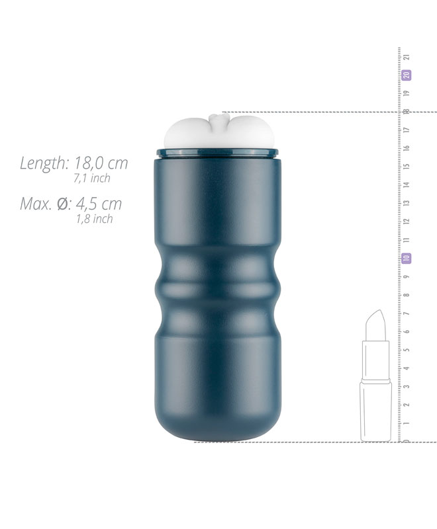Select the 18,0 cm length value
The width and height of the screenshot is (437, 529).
(x=101, y=163)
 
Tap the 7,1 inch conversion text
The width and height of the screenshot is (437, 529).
(x=92, y=178)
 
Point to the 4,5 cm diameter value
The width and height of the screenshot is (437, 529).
(x=99, y=204)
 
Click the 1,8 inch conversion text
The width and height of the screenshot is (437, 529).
(x=94, y=219)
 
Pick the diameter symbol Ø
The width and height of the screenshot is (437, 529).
(x=63, y=204)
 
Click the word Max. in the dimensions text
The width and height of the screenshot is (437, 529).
(x=36, y=204)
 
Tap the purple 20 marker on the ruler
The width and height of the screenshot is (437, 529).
(x=407, y=75)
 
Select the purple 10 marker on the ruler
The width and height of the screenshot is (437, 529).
(x=407, y=259)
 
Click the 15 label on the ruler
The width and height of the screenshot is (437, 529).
(x=407, y=167)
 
